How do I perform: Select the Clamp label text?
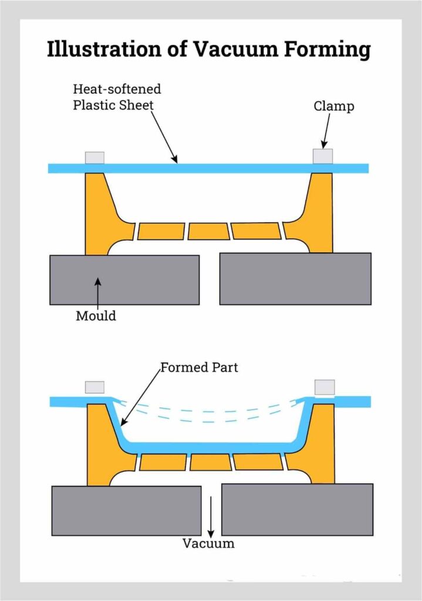click(x=333, y=106)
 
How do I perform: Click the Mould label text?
click(x=96, y=316)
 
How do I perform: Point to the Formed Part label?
click(x=199, y=368)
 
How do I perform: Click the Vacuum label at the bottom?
click(x=208, y=543)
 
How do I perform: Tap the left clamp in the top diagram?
click(x=94, y=157)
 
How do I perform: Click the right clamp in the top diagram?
click(x=322, y=156)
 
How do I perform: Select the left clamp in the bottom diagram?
click(x=94, y=387)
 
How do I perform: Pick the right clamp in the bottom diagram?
click(x=325, y=387)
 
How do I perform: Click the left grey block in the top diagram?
click(x=124, y=279)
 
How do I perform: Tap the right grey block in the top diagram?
click(x=295, y=279)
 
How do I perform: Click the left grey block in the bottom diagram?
click(x=126, y=510)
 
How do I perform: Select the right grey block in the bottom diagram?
click(x=297, y=509)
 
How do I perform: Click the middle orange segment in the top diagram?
click(x=208, y=231)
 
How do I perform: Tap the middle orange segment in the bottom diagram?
click(x=210, y=462)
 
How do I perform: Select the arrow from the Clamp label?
click(x=325, y=130)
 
